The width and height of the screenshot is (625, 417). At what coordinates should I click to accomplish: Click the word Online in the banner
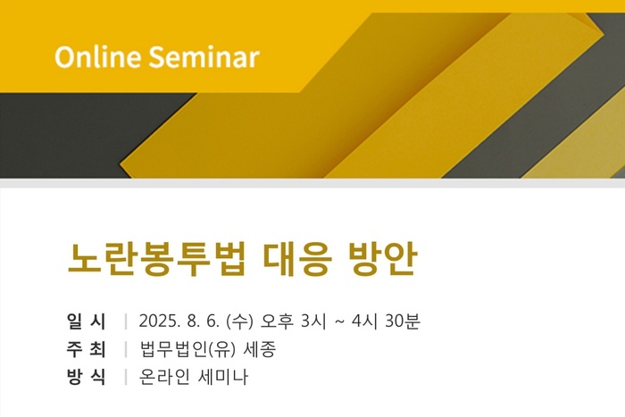click(97, 56)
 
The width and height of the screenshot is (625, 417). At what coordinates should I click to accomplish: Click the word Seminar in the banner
click(204, 56)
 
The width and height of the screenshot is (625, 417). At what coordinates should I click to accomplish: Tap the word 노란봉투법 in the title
click(156, 259)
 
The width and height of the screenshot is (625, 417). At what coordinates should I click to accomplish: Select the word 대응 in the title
click(297, 259)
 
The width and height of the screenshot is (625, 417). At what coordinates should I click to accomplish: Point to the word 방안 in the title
click(383, 259)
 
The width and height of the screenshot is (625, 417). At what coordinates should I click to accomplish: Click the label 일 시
click(86, 321)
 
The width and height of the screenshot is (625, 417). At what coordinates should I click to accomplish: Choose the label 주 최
click(86, 349)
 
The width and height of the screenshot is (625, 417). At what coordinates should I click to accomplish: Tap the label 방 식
click(86, 377)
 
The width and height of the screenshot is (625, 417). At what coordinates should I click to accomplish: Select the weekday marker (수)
click(239, 321)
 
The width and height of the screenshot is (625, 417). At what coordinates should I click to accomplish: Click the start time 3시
click(313, 321)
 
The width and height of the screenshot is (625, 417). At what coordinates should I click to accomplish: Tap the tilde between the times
click(339, 321)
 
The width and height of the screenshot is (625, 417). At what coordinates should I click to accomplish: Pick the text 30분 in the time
click(403, 321)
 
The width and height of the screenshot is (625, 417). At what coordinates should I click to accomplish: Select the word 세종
click(260, 349)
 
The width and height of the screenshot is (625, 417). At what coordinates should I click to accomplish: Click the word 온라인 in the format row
click(164, 377)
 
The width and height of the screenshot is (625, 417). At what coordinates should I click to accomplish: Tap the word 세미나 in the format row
click(223, 377)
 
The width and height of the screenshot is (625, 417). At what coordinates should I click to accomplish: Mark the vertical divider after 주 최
click(126, 349)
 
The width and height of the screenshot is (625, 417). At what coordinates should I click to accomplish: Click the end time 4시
click(364, 321)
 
